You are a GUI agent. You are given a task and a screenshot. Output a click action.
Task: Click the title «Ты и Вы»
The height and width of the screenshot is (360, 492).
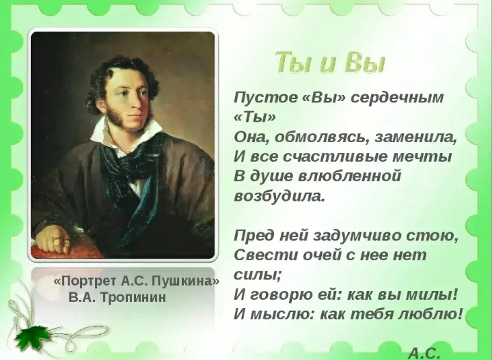pos(330,63)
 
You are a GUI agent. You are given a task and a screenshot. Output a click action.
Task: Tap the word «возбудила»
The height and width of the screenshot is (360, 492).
pos(279,196)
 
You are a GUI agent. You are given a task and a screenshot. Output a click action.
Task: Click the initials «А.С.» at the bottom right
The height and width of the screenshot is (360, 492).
pos(424,352)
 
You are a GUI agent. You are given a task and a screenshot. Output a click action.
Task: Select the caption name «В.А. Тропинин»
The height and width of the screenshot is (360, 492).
pos(117,298)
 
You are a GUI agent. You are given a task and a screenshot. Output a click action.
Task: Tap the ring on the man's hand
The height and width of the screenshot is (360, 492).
pos(66,239)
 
